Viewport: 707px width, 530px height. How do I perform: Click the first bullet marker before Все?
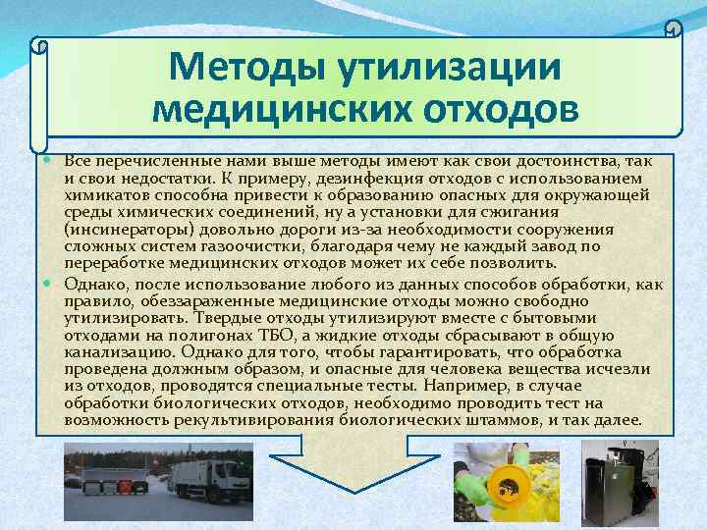(x=51, y=159)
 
